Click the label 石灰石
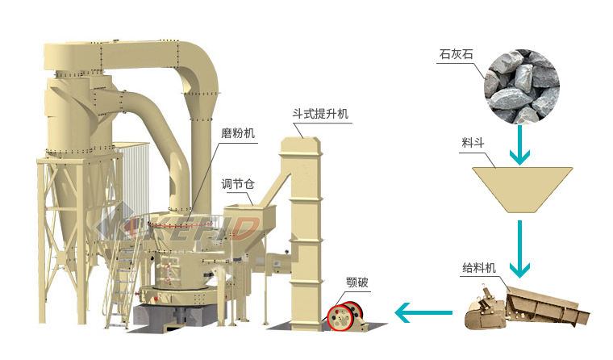(456, 55)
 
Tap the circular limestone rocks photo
(522, 83)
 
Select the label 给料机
(479, 267)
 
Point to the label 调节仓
(238, 184)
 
